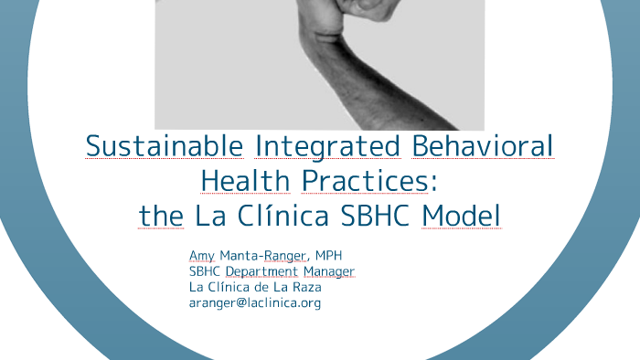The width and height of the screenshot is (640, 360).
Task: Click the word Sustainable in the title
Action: coord(165,146)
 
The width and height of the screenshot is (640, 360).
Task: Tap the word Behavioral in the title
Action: coord(484,146)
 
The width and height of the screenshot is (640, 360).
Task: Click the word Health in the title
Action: coord(245,181)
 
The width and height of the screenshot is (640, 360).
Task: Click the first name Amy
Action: coord(202,255)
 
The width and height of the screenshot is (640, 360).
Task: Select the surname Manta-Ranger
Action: coord(271,255)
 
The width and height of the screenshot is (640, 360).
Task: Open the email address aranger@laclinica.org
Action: coord(255,302)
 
